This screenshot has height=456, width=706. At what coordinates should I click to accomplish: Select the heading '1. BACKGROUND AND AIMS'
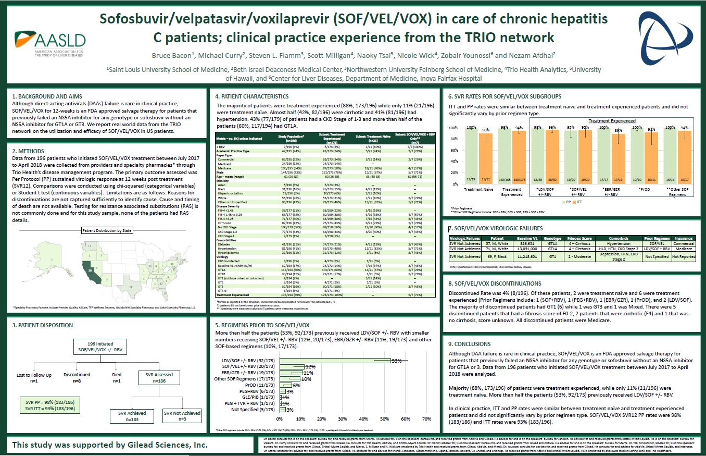pos(47,96)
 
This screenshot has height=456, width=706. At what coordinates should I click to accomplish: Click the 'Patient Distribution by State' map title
pos(107,230)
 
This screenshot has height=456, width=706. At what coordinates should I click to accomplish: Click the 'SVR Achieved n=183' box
pos(129,416)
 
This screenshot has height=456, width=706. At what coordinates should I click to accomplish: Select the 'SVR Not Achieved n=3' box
pos(182,416)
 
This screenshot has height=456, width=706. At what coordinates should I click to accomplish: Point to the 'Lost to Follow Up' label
pos(34,375)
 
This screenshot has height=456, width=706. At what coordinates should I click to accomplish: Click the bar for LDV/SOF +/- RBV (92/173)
pos(336,360)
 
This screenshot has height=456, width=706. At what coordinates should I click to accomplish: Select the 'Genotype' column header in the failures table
pos(552,238)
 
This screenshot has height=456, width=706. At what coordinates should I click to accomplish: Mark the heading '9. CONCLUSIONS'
pos(469,344)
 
